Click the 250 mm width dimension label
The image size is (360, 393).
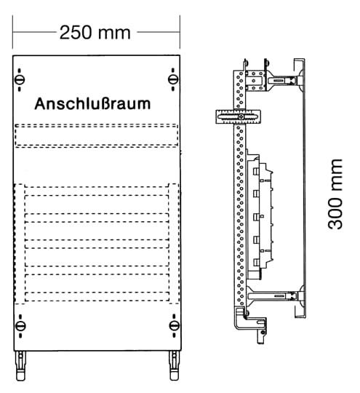click(95, 33)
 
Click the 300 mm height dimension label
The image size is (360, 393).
click(335, 194)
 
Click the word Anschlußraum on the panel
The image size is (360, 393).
click(92, 104)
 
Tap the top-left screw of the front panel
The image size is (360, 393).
click(20, 80)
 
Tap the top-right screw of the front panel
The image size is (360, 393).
click(173, 80)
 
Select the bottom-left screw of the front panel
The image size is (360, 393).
click(20, 326)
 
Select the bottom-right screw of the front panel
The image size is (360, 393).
click(174, 326)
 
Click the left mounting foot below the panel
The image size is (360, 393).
click(20, 365)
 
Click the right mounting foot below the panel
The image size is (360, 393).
click(174, 365)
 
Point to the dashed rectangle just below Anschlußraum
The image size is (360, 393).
click(97, 135)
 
